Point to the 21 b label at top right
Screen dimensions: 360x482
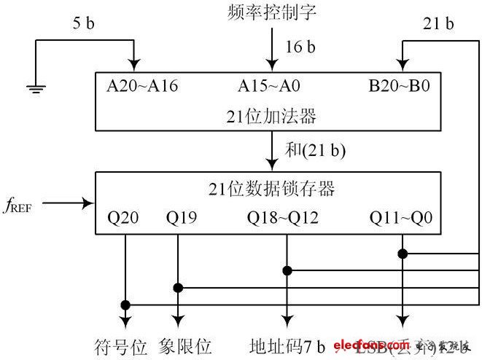(x=438, y=24)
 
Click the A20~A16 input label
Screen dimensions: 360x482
(x=142, y=86)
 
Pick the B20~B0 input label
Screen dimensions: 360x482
(x=400, y=86)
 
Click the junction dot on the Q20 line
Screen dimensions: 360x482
(x=125, y=304)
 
